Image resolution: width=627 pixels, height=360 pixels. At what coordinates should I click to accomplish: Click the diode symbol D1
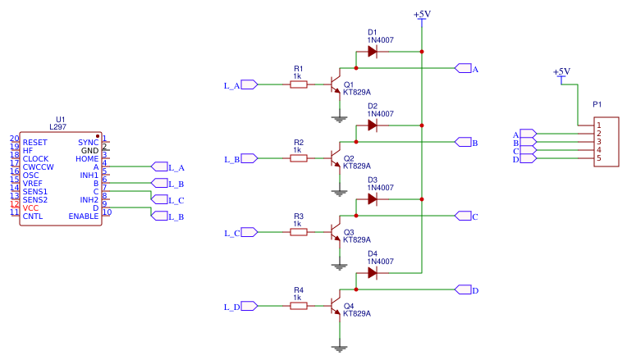(372, 52)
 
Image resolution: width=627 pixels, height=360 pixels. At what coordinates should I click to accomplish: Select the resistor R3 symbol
(299, 232)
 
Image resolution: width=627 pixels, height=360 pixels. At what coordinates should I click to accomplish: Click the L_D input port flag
(249, 306)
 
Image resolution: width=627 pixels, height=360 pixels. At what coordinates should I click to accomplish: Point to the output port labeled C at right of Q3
(463, 216)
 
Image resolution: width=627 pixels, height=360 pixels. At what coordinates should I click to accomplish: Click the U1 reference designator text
(60, 119)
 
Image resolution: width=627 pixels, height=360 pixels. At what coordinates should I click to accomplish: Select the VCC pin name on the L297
(30, 207)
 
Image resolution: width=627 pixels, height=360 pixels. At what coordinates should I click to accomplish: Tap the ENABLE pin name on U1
(83, 216)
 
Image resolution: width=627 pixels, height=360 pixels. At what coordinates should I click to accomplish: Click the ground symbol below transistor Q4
(339, 347)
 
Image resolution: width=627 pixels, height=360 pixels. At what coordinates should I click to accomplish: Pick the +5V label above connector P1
(561, 72)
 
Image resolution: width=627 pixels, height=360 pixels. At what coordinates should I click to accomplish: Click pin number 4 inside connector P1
(599, 150)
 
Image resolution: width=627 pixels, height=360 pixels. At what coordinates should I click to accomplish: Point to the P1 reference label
(597, 105)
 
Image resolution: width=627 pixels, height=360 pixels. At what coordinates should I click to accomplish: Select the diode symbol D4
(372, 273)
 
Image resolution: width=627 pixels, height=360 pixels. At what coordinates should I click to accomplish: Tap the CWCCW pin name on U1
(39, 166)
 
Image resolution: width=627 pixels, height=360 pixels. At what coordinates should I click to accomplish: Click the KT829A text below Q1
(357, 92)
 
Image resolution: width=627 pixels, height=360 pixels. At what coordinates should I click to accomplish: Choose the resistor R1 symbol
(299, 84)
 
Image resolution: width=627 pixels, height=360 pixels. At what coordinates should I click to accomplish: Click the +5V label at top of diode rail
(421, 15)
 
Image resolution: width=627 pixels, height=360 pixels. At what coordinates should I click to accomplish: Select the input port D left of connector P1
(528, 159)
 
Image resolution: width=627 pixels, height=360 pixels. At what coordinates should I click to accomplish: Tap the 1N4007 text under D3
(381, 188)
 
